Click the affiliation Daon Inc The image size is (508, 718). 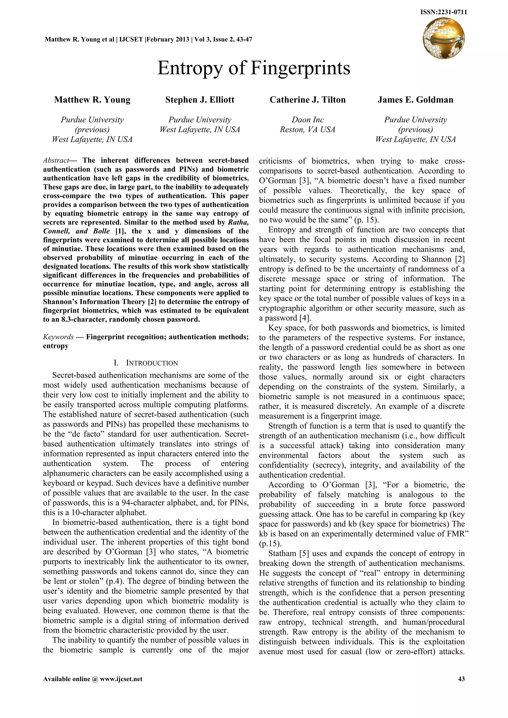pos(308,120)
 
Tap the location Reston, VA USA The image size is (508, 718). pos(308,129)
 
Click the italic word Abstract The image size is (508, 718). pos(56,160)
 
